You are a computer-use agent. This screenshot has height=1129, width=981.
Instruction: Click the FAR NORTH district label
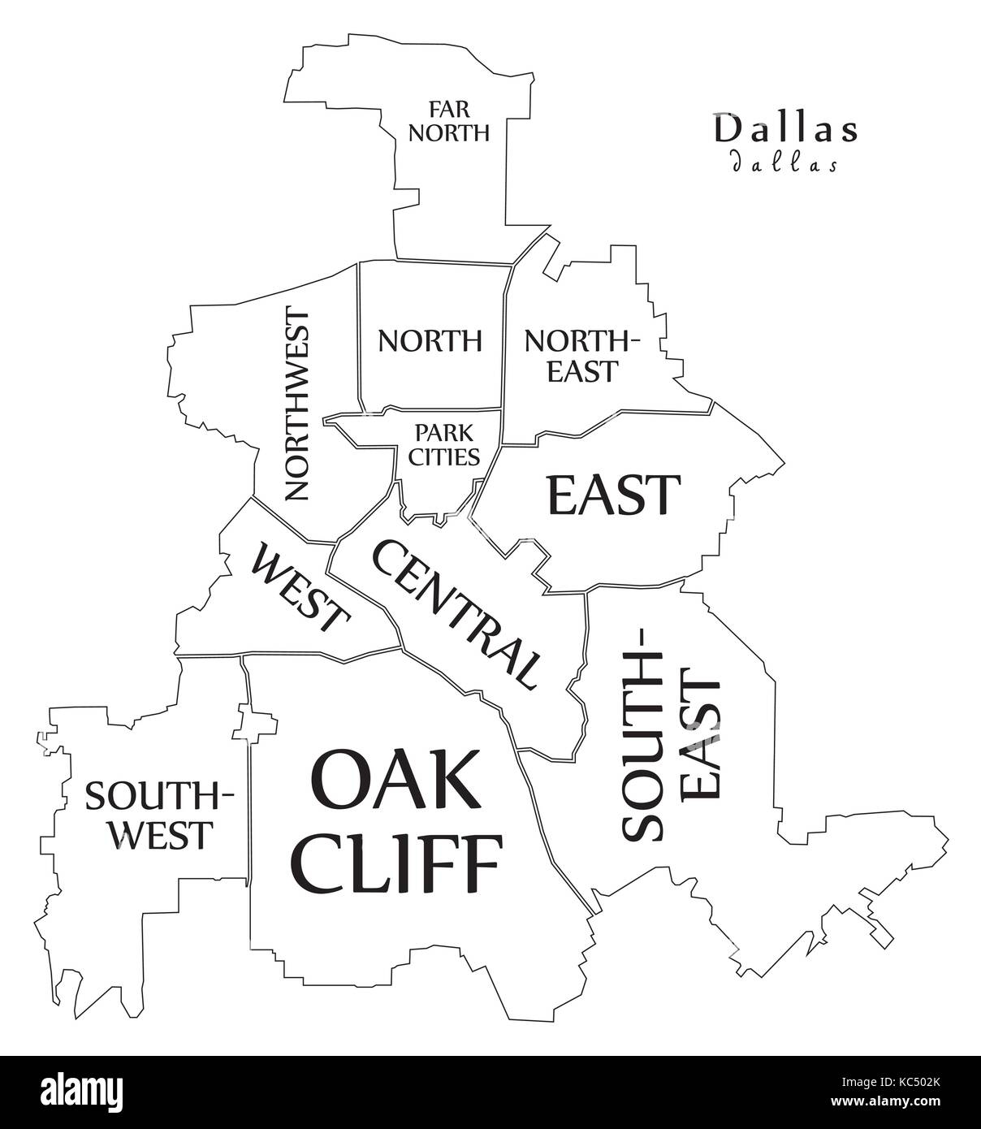click(448, 120)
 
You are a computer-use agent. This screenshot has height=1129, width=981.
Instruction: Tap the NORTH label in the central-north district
click(430, 340)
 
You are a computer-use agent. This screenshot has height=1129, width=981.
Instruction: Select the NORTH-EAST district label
click(582, 355)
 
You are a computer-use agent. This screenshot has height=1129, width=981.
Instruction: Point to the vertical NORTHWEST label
click(296, 404)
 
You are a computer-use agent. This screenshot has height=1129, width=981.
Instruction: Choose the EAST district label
click(613, 495)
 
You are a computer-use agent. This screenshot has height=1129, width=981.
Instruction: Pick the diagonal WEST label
click(300, 590)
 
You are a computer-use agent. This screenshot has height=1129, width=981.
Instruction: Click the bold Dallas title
click(785, 130)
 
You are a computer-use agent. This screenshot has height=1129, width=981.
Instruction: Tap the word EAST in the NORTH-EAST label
click(582, 371)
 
